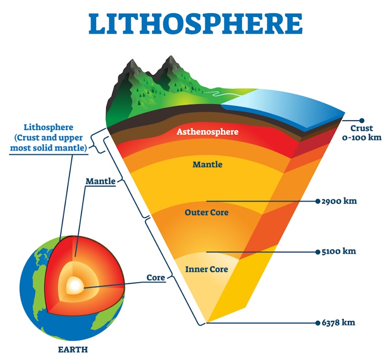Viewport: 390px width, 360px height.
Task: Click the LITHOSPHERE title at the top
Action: pos(195,24)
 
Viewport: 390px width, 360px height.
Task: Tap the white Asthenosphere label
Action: pos(207,132)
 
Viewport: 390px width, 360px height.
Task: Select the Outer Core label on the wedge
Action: pos(206,213)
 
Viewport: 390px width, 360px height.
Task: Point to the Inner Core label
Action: pos(206,269)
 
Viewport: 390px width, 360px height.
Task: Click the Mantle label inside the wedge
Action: pos(207,165)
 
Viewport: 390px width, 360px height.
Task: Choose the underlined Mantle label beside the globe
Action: pos(100,181)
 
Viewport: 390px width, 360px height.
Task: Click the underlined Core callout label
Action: pos(156,278)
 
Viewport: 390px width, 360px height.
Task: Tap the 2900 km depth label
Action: pos(339,201)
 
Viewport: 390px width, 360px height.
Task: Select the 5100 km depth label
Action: pos(339,252)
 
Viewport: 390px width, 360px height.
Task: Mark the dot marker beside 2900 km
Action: pos(318,201)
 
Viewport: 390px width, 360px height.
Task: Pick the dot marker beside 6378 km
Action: pos(318,322)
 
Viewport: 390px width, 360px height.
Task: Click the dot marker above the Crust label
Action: pos(362,120)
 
